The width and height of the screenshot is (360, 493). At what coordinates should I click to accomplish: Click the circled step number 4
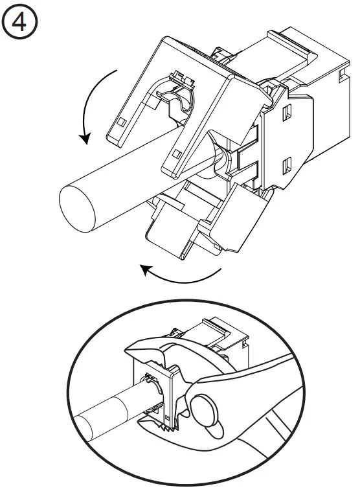(x=21, y=23)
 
